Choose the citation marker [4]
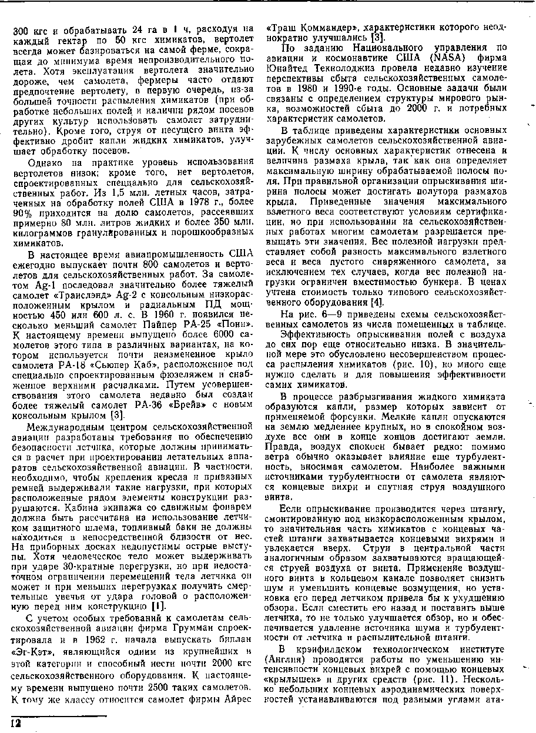pyautogui.click(x=376, y=303)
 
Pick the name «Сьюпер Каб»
pyautogui.click(x=128, y=365)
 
